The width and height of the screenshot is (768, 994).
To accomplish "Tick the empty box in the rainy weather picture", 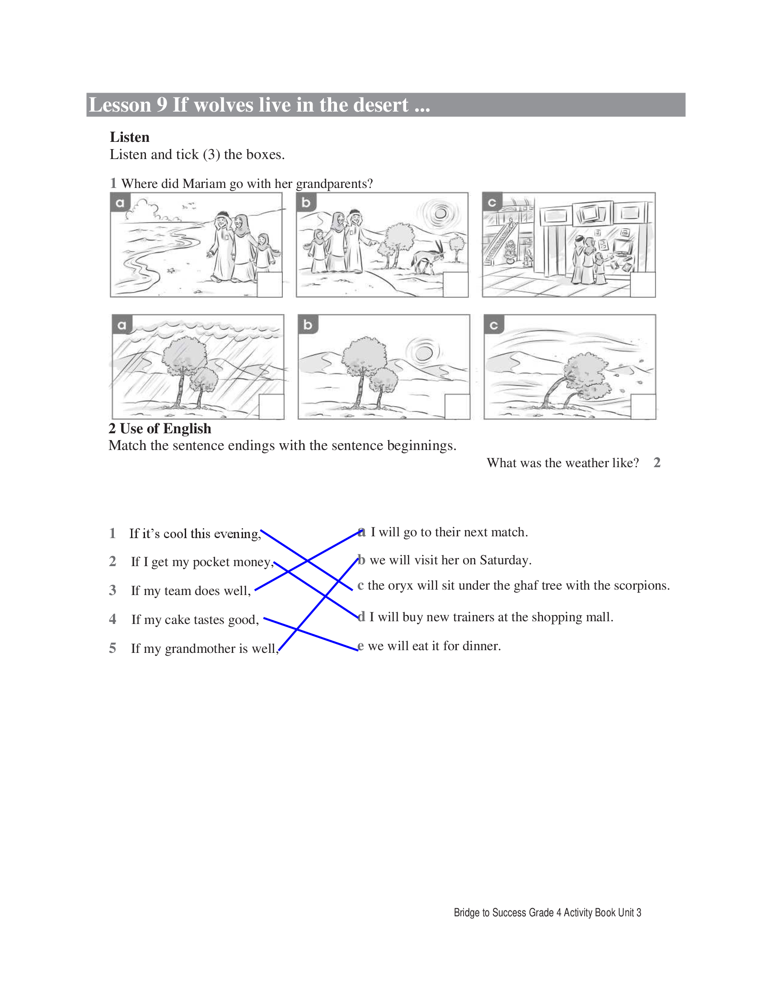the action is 271,407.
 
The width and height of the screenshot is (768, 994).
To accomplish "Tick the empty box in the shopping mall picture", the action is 643,285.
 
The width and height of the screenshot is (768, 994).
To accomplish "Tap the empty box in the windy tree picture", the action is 643,407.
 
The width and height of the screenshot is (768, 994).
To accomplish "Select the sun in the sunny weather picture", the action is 424,353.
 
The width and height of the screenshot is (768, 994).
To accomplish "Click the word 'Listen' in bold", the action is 130,137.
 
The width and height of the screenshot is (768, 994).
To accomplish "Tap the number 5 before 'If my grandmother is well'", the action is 112,648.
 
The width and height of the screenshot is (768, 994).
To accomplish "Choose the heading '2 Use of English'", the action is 159,429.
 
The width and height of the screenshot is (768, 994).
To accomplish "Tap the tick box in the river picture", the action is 270,285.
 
